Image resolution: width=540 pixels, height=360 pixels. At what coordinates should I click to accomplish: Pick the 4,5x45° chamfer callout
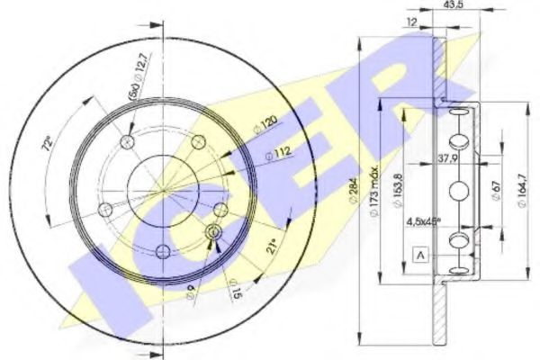[423, 220]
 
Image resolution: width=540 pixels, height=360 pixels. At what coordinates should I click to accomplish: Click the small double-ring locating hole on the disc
[213, 233]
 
